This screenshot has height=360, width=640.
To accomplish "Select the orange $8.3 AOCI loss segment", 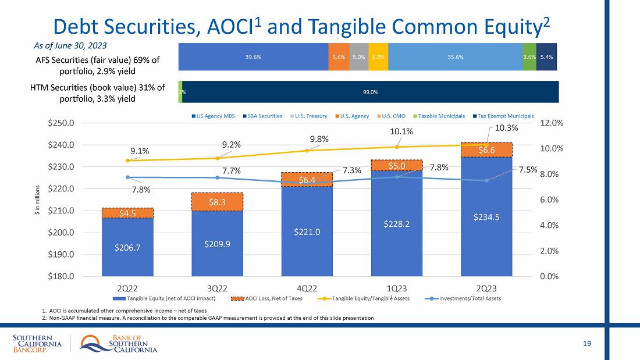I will [x=217, y=202].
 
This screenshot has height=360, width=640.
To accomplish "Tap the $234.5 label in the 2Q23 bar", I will [x=486, y=217].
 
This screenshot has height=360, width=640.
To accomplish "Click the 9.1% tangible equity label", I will [x=140, y=151].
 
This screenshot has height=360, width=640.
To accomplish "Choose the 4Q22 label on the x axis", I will [x=307, y=288].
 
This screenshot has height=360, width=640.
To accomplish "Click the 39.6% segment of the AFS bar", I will [x=253, y=57].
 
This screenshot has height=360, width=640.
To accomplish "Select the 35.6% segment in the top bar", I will [x=456, y=57].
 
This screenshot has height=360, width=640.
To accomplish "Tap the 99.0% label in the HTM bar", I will [x=371, y=91].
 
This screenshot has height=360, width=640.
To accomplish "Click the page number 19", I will [x=587, y=344].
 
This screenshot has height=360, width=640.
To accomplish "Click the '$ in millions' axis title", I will [x=38, y=199].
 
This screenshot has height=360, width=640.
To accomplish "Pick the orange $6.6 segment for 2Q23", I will [x=486, y=150].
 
